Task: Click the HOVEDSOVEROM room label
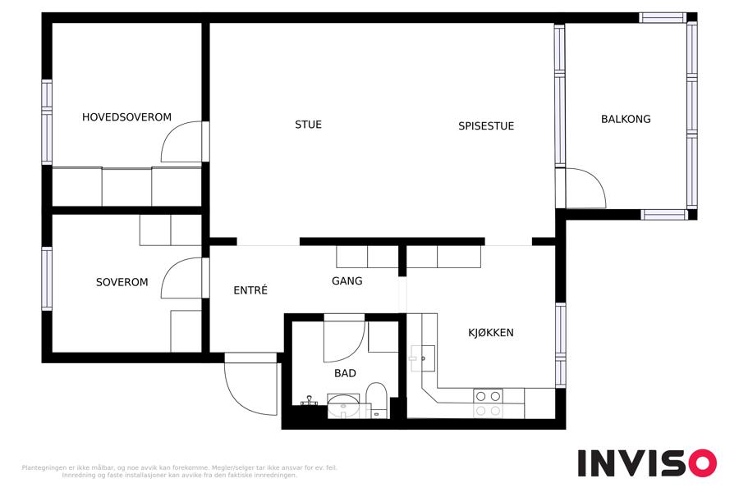(126, 116)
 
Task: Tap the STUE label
(308, 125)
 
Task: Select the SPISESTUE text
(486, 125)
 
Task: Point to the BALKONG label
(626, 119)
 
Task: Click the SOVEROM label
(122, 282)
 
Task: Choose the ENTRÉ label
(250, 290)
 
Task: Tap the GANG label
(347, 281)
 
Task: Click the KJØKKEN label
(491, 332)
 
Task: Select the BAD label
(345, 373)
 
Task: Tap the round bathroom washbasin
(343, 407)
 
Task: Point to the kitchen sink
(423, 359)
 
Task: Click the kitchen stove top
(488, 403)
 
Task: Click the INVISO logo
(647, 463)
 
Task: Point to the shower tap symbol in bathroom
(309, 401)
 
